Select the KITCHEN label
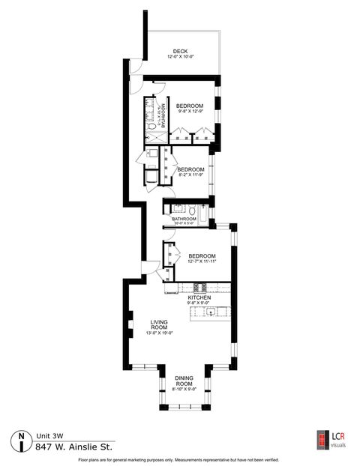tap(199, 297)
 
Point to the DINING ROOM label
tap(184, 381)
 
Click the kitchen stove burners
tap(201, 288)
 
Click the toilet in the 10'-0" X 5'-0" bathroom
tap(193, 208)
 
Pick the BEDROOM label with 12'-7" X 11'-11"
tap(202, 255)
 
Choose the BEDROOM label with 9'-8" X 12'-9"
tap(190, 106)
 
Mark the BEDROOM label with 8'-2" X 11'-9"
tap(190, 169)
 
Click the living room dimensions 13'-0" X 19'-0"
tap(158, 333)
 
